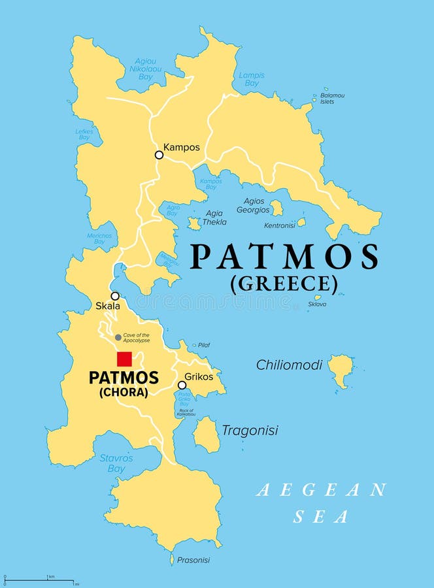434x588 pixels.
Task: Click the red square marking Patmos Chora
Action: [x=124, y=359]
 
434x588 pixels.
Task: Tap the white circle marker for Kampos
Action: [x=159, y=155]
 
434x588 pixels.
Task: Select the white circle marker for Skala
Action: [x=115, y=296]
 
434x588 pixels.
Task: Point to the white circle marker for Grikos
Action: [x=182, y=385]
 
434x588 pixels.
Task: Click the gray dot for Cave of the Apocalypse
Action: [x=118, y=337]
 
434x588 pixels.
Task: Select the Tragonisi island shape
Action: [x=207, y=434]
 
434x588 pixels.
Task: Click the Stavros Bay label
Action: [x=116, y=463]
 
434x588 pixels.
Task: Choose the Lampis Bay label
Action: [x=252, y=79]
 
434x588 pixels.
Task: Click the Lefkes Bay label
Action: [x=84, y=134]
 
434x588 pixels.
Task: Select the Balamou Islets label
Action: [x=332, y=99]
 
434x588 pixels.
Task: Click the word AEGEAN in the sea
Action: [x=321, y=490]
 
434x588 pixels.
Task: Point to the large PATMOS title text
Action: [x=284, y=257]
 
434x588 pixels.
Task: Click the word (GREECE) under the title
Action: [x=284, y=284]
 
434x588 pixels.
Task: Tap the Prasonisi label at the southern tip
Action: [x=193, y=560]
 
